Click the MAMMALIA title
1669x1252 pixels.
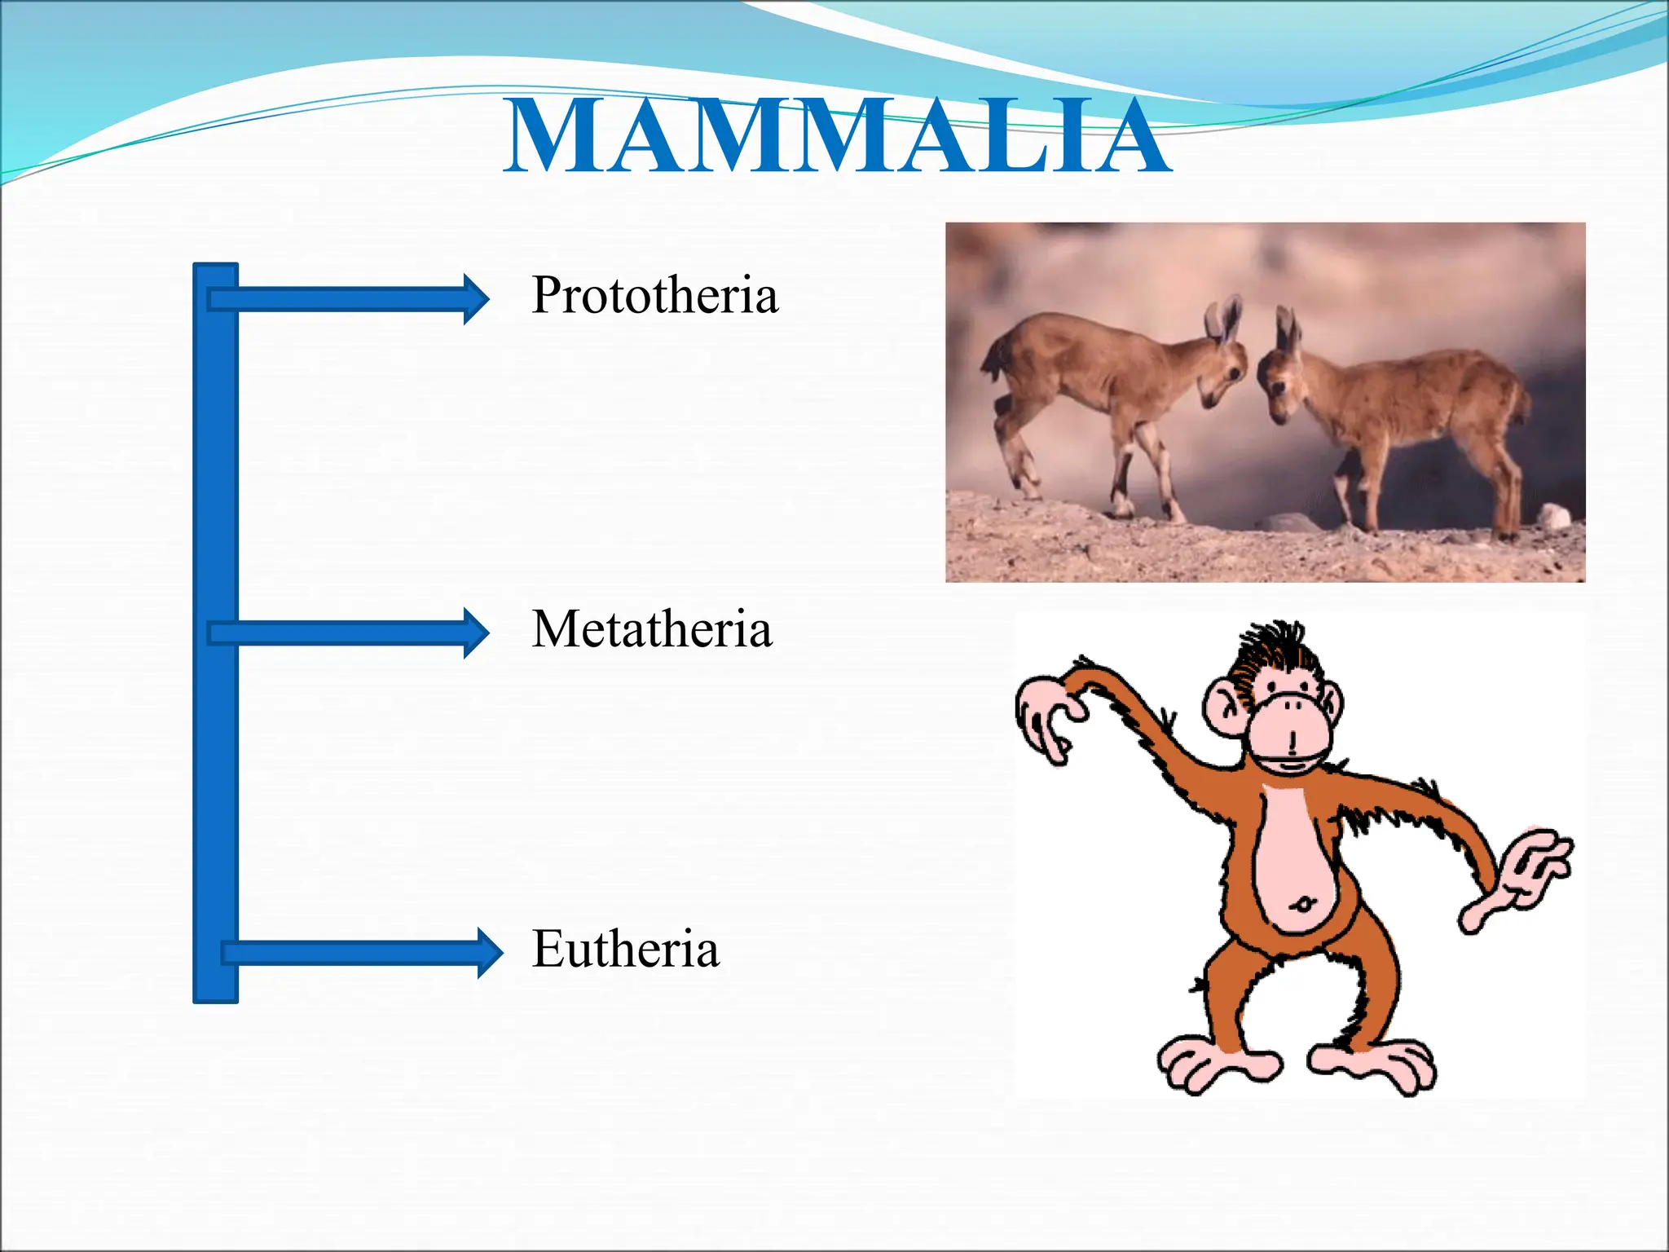(837, 136)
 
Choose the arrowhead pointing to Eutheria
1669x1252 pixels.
(489, 952)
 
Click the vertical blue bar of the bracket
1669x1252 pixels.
(216, 633)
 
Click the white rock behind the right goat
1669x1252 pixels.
(1553, 515)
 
